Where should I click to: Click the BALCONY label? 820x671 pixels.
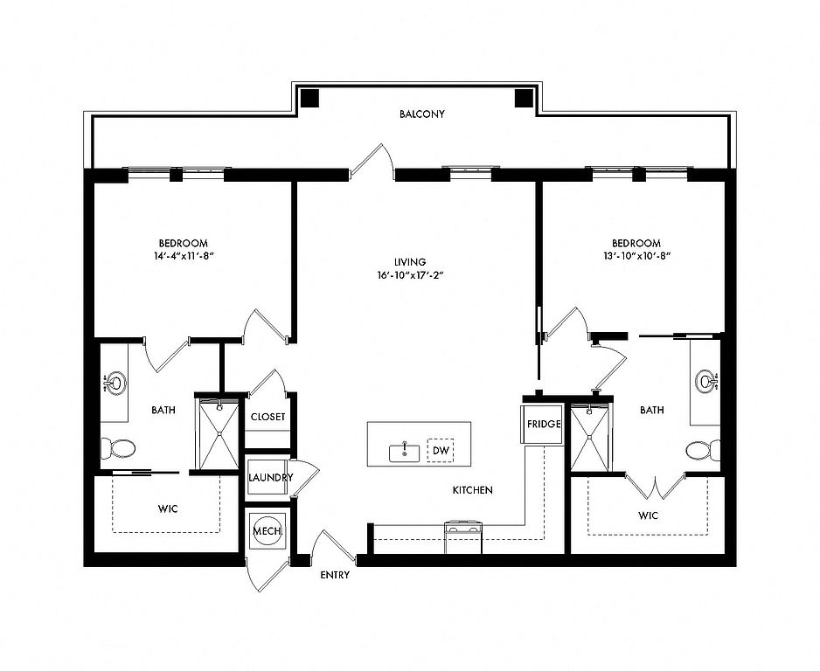tap(421, 114)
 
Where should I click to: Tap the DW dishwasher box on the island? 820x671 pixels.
tap(441, 451)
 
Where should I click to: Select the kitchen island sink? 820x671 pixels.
tap(404, 453)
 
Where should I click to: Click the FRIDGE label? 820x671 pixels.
tap(544, 424)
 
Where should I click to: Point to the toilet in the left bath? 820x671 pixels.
tap(118, 448)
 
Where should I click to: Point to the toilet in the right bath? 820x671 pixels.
tap(703, 451)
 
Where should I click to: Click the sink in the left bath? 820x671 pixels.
tap(114, 383)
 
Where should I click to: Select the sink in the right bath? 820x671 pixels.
tap(706, 380)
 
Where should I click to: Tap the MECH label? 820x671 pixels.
tap(268, 531)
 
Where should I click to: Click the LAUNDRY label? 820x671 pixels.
tap(270, 478)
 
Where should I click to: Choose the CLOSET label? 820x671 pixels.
tap(268, 417)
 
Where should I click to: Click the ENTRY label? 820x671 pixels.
tap(335, 576)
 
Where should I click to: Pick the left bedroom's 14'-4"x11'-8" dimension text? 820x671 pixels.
tap(184, 256)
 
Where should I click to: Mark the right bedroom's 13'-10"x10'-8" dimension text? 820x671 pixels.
tap(636, 256)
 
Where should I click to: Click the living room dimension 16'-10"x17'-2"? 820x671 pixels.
tap(411, 275)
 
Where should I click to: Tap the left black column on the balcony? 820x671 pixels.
tap(309, 98)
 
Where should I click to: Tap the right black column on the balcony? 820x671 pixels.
tap(524, 98)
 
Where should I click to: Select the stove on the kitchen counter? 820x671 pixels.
tap(462, 536)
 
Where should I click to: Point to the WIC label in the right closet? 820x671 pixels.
tap(648, 515)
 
